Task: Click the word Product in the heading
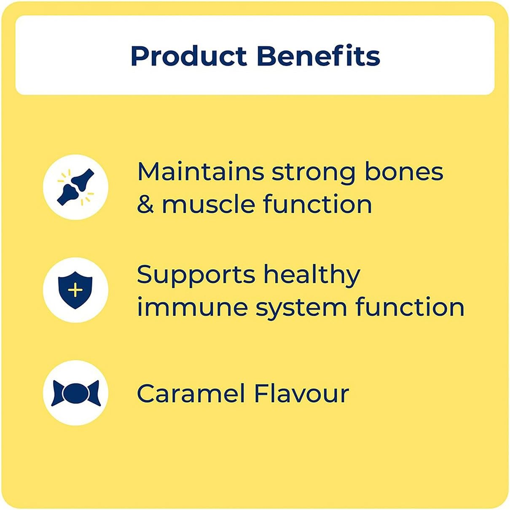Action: (x=189, y=56)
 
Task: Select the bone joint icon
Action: (x=75, y=187)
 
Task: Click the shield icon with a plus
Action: (x=75, y=290)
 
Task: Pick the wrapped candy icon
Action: (x=75, y=393)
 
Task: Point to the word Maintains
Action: (x=201, y=172)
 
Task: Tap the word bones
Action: (x=404, y=172)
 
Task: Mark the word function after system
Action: (x=410, y=307)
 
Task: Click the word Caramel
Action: (x=191, y=393)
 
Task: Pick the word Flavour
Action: (x=301, y=393)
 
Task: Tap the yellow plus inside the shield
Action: (x=75, y=290)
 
